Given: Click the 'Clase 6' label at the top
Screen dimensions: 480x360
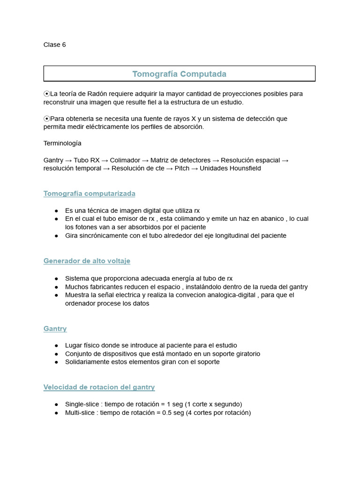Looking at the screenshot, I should [54, 45].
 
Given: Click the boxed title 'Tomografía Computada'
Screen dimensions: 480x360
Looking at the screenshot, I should [179, 74].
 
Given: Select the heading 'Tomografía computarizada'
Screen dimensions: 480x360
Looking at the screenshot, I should [89, 194].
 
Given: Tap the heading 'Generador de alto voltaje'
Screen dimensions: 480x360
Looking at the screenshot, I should [87, 261].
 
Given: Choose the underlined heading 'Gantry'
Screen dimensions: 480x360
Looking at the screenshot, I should [55, 329].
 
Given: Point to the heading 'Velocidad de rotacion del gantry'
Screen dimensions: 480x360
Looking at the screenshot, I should [99, 387].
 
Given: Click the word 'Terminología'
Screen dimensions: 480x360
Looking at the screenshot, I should [62, 143].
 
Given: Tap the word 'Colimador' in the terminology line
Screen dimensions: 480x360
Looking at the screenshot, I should [125, 160].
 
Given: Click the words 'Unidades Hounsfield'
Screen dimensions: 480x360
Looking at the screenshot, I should [230, 168].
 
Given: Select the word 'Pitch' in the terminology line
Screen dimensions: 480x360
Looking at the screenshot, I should [182, 168].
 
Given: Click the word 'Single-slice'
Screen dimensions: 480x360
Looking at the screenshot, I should [82, 404].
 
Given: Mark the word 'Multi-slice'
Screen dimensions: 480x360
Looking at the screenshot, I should [81, 412].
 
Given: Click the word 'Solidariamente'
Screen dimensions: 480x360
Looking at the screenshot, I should [88, 362].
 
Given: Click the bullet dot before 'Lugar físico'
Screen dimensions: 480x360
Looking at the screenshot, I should [56, 345].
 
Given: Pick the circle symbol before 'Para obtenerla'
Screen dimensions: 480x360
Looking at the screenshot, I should [46, 119].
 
